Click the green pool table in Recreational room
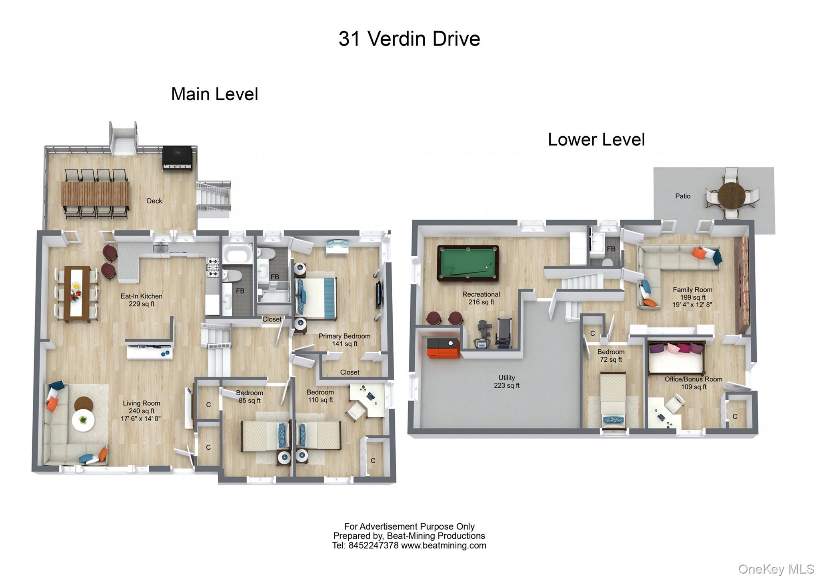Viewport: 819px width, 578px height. tap(467, 263)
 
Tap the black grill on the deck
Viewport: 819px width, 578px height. tap(177, 158)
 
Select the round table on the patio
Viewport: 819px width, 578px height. tap(731, 194)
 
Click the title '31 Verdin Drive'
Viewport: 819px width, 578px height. tap(409, 39)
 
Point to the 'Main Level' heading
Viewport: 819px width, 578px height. tap(214, 94)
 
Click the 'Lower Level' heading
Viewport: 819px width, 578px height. tap(596, 140)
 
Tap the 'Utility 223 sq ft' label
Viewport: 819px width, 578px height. tap(506, 381)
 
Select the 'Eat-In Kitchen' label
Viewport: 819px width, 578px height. tap(142, 296)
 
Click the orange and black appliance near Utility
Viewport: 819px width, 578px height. tap(443, 347)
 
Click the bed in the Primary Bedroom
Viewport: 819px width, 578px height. tap(316, 298)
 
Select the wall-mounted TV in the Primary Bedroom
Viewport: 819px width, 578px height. tap(378, 295)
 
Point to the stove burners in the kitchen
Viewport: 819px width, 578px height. tap(212, 267)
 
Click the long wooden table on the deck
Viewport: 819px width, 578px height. tap(95, 194)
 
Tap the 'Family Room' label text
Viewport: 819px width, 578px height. tap(692, 290)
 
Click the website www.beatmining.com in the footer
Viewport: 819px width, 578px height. tap(443, 546)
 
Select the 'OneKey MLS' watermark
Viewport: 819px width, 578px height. tap(776, 569)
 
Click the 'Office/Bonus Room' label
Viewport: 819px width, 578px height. tap(693, 379)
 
